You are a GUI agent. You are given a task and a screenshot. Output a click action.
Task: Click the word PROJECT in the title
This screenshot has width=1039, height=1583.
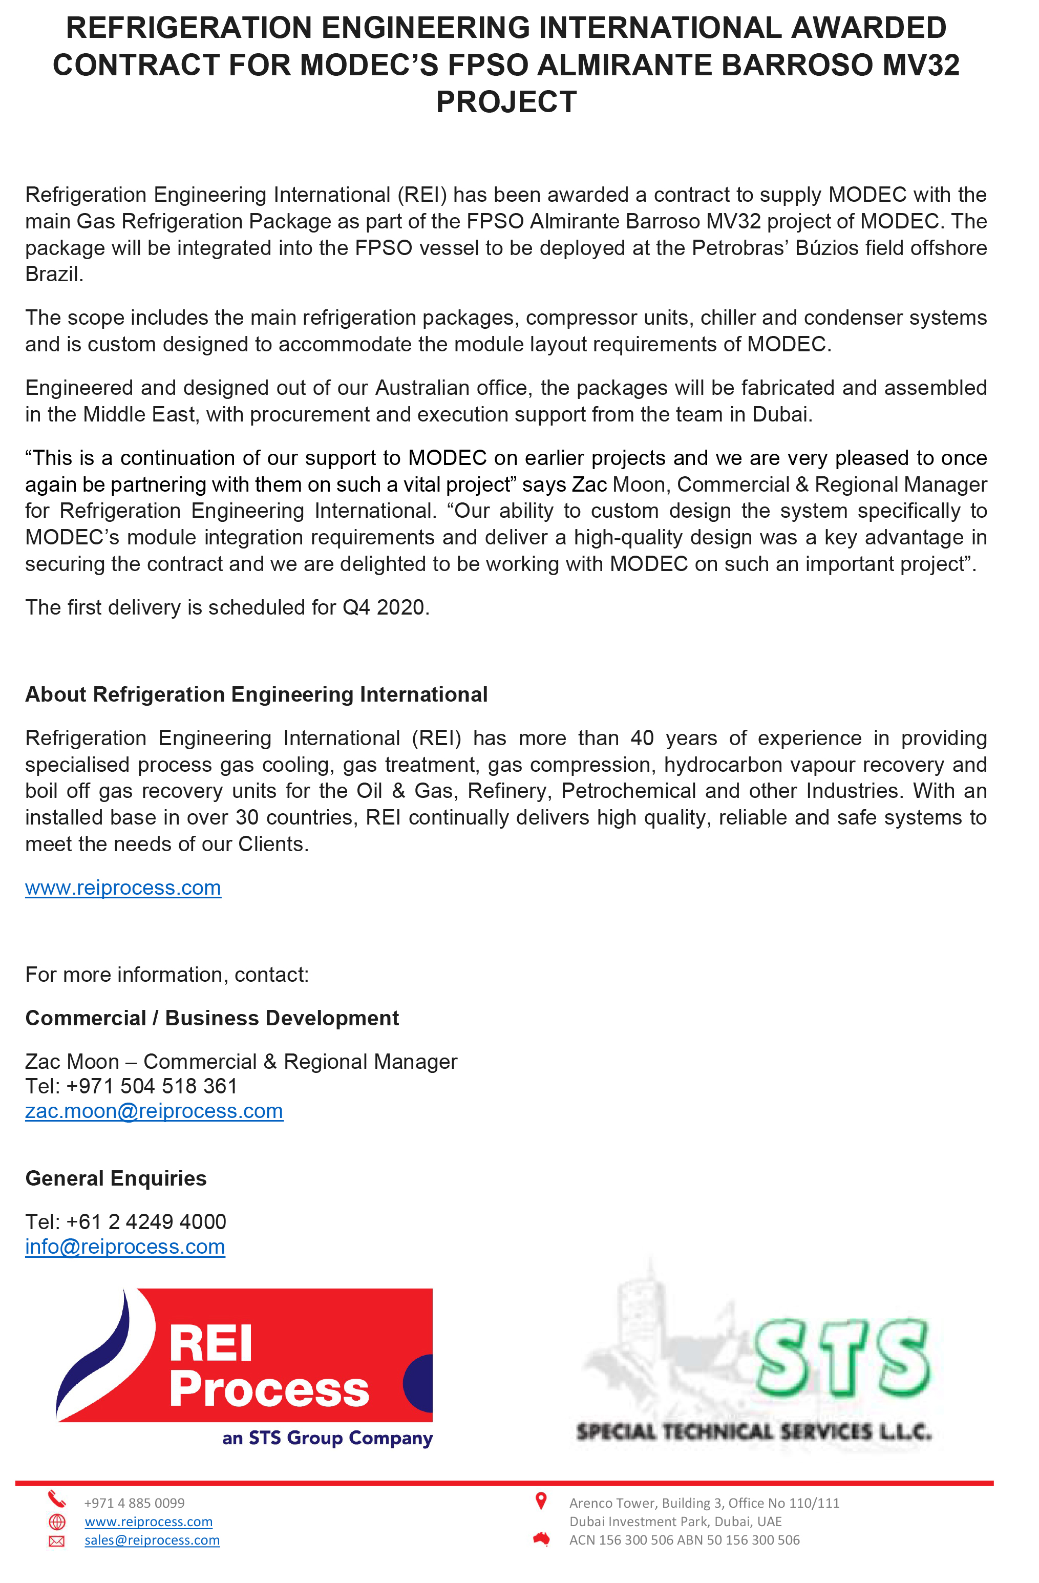[506, 102]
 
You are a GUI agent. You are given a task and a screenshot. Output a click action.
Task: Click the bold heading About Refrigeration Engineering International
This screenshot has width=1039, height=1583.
[256, 694]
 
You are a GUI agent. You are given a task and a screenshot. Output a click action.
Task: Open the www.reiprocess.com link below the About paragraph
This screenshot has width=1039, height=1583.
[123, 888]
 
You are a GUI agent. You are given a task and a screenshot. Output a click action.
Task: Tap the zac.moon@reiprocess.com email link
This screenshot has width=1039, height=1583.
[154, 1111]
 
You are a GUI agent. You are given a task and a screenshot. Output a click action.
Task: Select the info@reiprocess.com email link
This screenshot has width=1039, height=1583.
[125, 1247]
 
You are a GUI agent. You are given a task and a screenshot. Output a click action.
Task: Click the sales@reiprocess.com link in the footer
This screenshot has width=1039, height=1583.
[152, 1540]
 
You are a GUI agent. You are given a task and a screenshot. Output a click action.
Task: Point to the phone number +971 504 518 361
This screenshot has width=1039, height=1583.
[152, 1087]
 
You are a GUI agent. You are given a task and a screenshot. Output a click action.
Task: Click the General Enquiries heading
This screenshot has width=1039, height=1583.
[116, 1178]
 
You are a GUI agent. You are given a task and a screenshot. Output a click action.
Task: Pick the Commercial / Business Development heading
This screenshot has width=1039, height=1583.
[211, 1018]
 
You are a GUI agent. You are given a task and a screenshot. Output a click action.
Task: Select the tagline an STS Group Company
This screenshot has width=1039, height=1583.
[327, 1439]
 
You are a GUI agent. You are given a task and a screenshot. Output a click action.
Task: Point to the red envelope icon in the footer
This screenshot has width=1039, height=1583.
[57, 1541]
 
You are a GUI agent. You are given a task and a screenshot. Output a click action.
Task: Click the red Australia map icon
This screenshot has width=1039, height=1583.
[541, 1539]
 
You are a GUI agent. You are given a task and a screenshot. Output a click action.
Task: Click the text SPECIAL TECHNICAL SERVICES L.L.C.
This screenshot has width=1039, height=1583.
[754, 1431]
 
